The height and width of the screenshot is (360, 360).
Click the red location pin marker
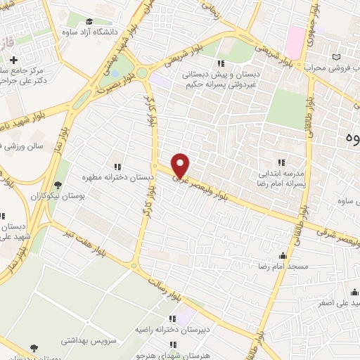tap(181, 164)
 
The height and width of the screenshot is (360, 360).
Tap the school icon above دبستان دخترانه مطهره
tap(118, 167)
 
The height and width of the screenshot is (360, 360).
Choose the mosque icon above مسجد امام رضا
tap(283, 256)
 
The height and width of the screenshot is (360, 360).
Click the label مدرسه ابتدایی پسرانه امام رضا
tap(281, 176)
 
